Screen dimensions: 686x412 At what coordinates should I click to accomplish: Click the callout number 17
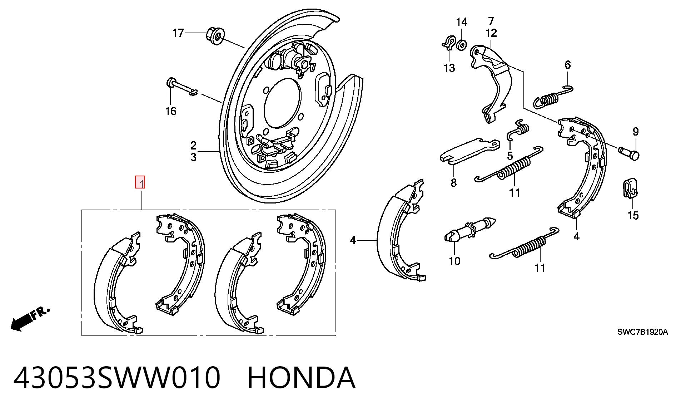pos(178,33)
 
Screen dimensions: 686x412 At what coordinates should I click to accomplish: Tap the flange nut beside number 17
pos(215,35)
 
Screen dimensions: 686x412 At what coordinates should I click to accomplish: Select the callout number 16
pos(171,111)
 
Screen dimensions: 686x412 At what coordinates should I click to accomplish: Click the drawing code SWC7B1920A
pos(642,332)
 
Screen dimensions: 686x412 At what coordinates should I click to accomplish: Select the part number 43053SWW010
pos(117,378)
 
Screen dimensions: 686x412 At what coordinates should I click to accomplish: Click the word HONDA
pos(301,378)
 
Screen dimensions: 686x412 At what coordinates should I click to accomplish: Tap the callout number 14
pos(462,22)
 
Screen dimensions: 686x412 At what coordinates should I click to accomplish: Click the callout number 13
pos(449,68)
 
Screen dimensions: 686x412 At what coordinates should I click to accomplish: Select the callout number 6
pos(568,65)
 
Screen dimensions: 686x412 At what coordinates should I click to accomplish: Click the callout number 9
pos(636,132)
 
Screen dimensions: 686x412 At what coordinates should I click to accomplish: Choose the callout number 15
pos(633,215)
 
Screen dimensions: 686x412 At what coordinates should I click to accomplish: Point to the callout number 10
pos(454,261)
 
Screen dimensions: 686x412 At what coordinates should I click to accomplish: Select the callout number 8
pos(454,183)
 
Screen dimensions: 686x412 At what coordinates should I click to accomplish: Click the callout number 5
pos(510,156)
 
